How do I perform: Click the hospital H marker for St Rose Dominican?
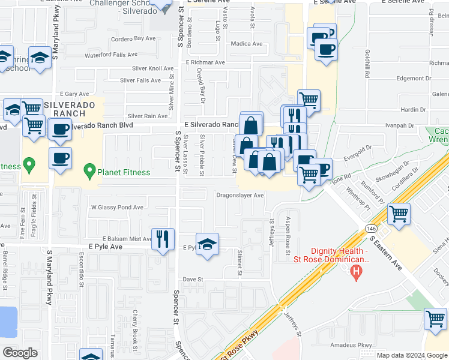357,274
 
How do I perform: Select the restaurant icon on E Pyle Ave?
163,239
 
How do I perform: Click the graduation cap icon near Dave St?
207,244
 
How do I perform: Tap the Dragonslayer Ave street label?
240,196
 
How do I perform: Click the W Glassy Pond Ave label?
117,208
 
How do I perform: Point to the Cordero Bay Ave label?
133,38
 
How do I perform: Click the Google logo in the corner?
20,353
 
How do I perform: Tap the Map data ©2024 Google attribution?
412,355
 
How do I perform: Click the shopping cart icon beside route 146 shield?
399,214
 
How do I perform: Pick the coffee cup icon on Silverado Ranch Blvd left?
60,129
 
